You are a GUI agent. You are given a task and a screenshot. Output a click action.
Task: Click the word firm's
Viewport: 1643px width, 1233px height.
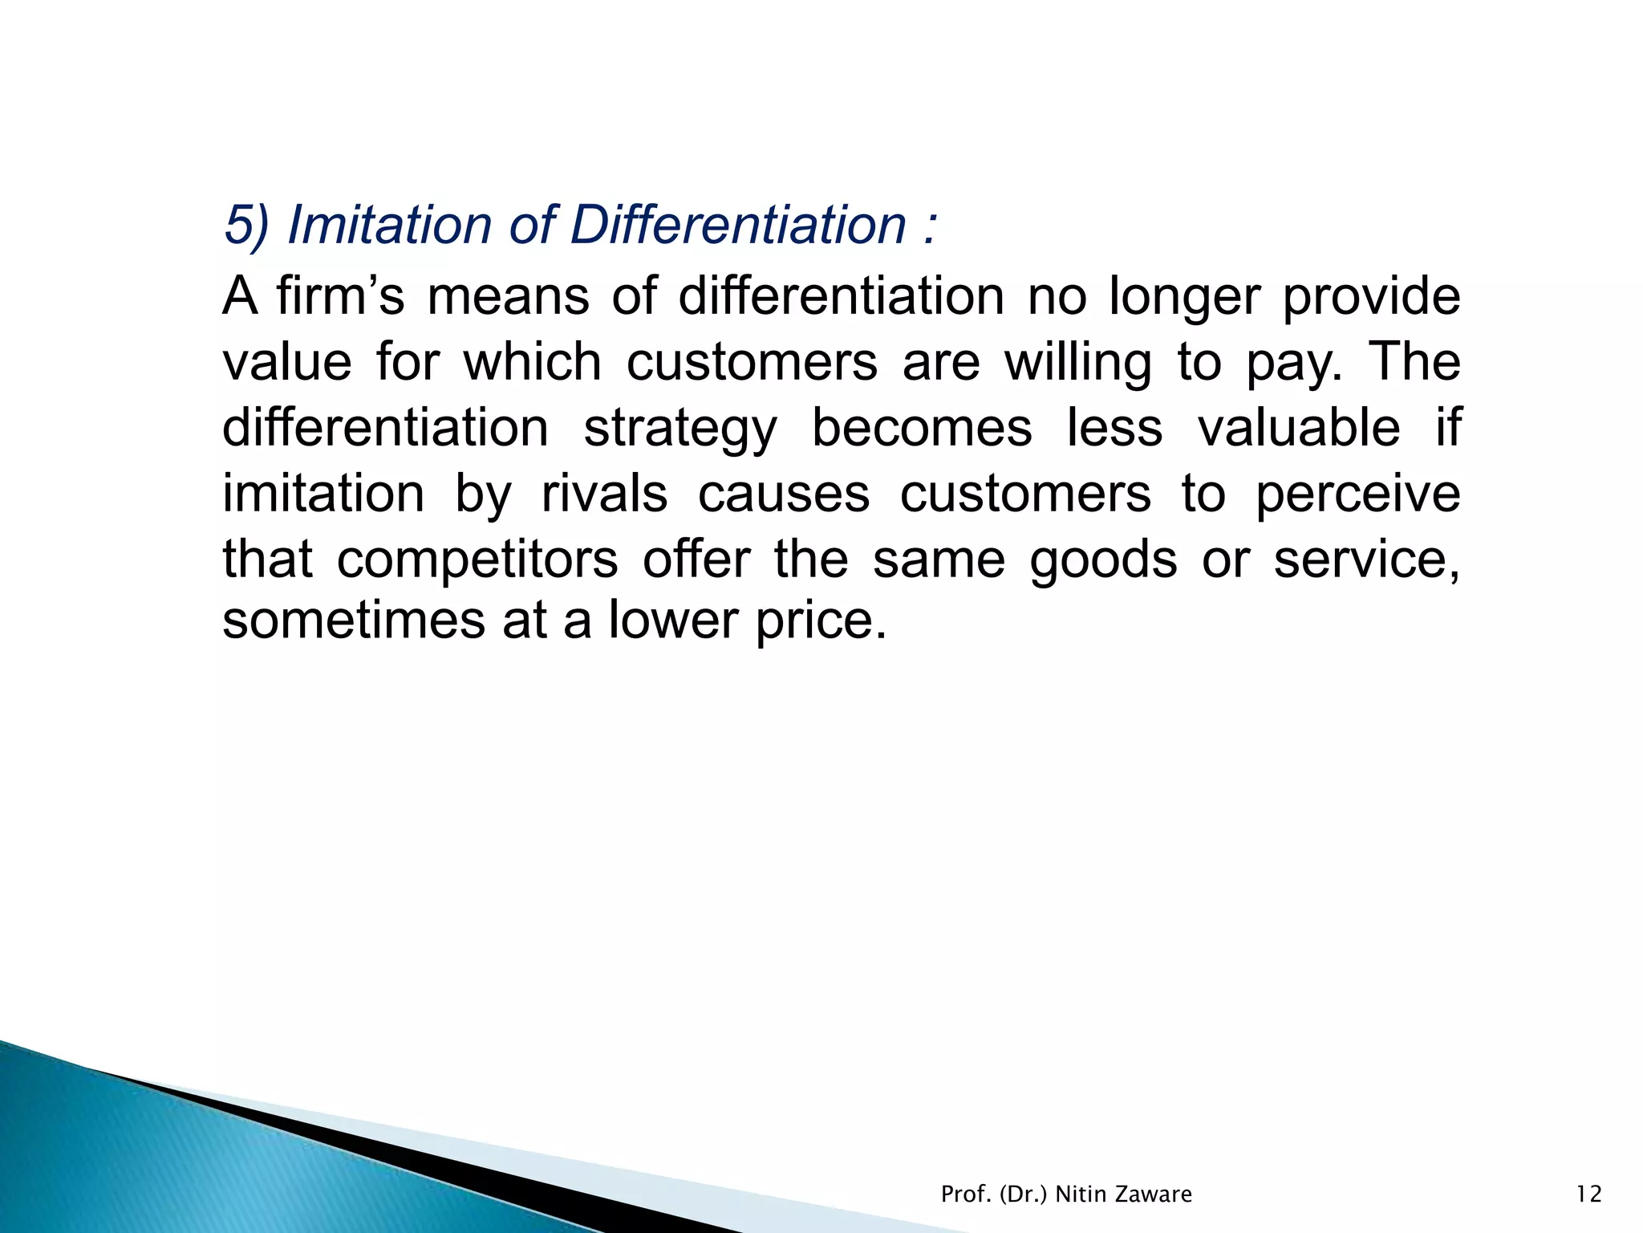point(341,296)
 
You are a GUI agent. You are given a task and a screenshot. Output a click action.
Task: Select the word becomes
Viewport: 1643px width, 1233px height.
point(922,428)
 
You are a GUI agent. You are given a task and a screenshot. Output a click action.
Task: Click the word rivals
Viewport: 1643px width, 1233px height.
point(604,494)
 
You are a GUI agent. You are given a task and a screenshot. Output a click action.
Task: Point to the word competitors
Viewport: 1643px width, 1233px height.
point(477,560)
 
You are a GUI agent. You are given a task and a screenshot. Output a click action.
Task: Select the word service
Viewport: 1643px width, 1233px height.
point(1365,560)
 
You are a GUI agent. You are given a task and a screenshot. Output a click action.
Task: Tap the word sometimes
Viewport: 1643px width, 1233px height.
point(354,621)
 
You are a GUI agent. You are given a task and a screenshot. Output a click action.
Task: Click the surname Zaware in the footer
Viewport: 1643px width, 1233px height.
point(1154,1194)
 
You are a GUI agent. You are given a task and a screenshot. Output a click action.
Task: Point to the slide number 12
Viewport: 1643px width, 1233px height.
point(1588,1194)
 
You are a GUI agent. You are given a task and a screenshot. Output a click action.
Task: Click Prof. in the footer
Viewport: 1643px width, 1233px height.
point(966,1194)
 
